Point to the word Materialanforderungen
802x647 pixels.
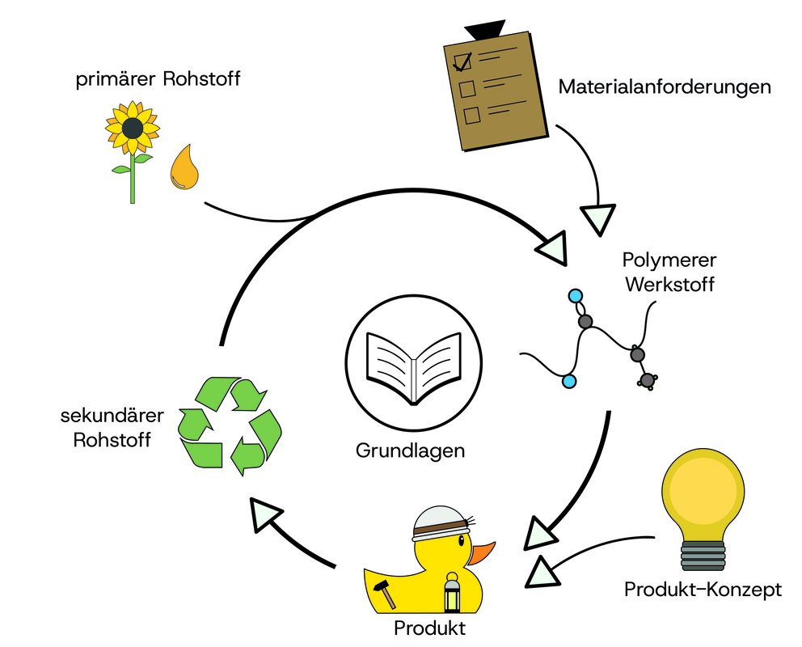pos(665,86)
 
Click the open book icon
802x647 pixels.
pos(413,368)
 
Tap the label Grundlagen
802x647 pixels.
pos(411,450)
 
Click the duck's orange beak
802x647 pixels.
pos(483,554)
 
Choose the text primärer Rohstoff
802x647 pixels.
pos(158,80)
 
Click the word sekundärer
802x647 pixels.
pos(112,418)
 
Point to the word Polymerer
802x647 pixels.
pos(669,261)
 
